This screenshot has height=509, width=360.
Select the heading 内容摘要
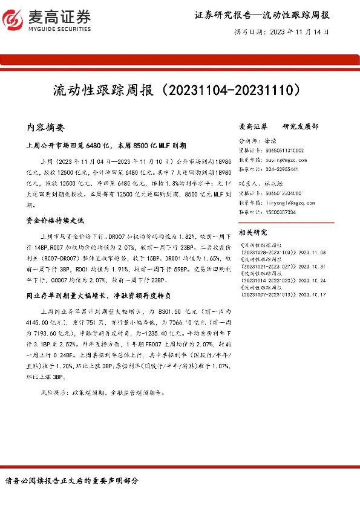pyautogui.click(x=49, y=128)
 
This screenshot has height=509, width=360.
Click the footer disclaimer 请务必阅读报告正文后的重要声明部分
pyautogui.click(x=72, y=481)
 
